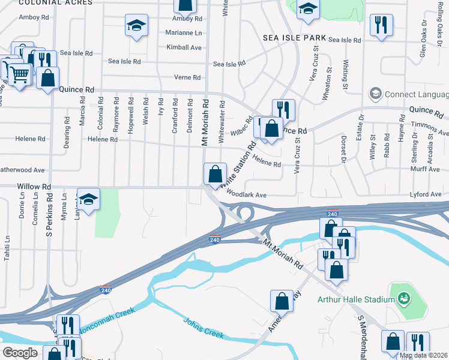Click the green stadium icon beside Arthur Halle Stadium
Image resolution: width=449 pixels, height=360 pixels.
(404, 298)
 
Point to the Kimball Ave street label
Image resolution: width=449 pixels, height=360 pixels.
(184, 47)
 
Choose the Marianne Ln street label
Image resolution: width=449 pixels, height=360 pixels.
(184, 33)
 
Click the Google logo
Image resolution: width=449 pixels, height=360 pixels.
(20, 353)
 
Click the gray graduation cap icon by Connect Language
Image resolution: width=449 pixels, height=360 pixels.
(376, 94)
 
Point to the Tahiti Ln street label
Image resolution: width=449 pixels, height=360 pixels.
(7, 247)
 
